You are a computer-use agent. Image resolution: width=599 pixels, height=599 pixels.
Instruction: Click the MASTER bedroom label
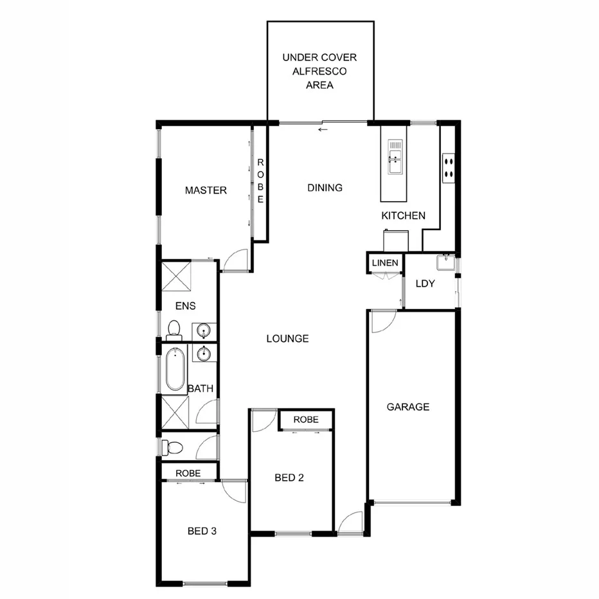pyautogui.click(x=206, y=190)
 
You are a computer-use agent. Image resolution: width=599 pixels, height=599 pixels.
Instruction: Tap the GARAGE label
pyautogui.click(x=407, y=407)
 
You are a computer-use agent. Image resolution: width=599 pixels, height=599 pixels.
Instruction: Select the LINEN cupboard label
pyautogui.click(x=385, y=263)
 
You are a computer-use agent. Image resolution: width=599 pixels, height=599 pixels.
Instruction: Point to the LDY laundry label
pyautogui.click(x=426, y=284)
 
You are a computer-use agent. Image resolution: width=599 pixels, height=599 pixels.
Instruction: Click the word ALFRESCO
pyautogui.click(x=320, y=71)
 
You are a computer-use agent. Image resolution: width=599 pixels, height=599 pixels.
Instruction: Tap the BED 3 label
pyautogui.click(x=202, y=531)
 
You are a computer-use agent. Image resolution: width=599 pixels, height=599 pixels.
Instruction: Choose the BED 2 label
pyautogui.click(x=289, y=478)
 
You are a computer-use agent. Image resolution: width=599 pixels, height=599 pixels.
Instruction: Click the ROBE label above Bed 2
pyautogui.click(x=306, y=419)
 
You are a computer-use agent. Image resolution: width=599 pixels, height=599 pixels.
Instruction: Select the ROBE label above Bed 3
pyautogui.click(x=188, y=473)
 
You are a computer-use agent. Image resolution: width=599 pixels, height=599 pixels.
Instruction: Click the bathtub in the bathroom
pyautogui.click(x=175, y=370)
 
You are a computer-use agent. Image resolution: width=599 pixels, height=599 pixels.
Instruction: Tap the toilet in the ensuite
pyautogui.click(x=174, y=330)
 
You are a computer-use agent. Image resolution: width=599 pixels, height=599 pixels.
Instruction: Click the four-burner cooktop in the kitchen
pyautogui.click(x=448, y=166)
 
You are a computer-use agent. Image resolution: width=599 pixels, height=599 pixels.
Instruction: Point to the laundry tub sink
pyautogui.click(x=445, y=262)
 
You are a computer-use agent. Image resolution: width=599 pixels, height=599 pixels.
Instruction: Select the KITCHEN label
pyautogui.click(x=403, y=216)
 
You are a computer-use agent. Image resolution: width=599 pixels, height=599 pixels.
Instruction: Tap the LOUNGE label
pyautogui.click(x=288, y=339)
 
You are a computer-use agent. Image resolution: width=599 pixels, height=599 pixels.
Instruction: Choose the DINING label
pyautogui.click(x=325, y=188)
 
